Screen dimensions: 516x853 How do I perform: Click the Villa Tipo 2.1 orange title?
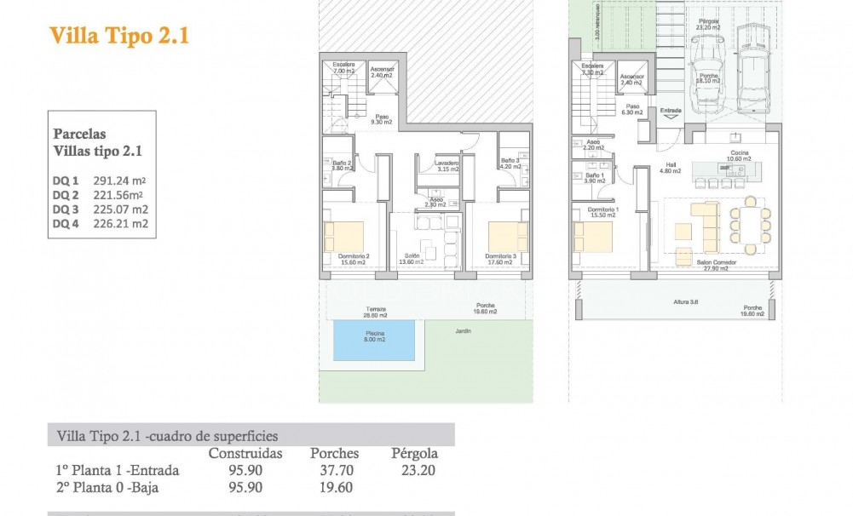click(118, 36)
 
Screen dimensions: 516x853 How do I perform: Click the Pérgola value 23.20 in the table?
click(413, 470)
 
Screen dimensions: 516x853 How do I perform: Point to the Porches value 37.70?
click(334, 470)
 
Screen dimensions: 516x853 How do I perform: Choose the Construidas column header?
click(245, 453)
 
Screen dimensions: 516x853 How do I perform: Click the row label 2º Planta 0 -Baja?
click(107, 488)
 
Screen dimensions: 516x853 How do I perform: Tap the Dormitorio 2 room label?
click(354, 258)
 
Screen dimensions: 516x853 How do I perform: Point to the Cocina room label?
click(738, 154)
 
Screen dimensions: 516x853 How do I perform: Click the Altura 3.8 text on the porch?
click(681, 301)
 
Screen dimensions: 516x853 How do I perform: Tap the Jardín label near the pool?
click(464, 330)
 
